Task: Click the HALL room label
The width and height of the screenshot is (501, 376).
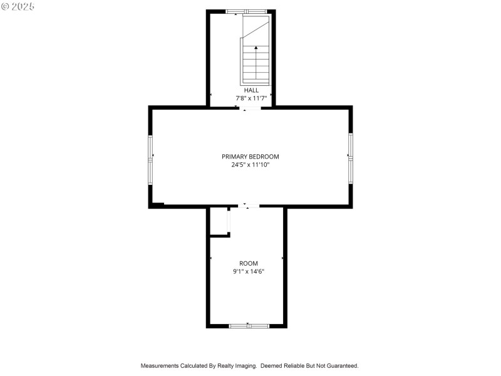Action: click(250, 90)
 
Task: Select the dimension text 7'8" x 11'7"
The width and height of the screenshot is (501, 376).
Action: click(250, 98)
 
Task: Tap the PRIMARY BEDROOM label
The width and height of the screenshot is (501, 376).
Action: click(250, 157)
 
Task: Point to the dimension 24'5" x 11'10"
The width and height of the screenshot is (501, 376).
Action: click(250, 165)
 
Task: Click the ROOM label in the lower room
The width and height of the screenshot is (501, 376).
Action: click(248, 263)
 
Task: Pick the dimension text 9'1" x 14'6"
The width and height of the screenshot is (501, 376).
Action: click(248, 271)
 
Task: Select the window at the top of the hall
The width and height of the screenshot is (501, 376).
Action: click(246, 11)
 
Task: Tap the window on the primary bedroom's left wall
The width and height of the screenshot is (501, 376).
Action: click(150, 159)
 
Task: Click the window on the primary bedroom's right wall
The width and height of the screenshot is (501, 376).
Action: click(351, 158)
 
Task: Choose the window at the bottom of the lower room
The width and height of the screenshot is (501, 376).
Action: click(249, 326)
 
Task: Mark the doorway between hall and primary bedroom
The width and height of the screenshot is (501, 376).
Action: click(251, 108)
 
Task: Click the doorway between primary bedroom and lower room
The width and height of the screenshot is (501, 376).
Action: click(249, 206)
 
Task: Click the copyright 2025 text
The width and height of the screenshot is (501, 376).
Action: click(18, 6)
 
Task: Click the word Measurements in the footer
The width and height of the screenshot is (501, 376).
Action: click(160, 365)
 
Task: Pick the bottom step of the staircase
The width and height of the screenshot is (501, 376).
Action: click(256, 79)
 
